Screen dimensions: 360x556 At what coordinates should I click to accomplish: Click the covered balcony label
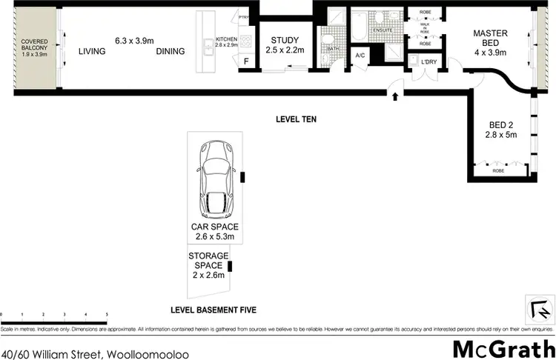tap(34, 48)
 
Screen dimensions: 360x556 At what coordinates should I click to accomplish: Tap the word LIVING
tap(92, 51)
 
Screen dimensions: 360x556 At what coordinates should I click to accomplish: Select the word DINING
tap(171, 51)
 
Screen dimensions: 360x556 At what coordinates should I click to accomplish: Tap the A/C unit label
tap(361, 56)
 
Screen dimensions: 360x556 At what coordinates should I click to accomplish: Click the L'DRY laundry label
tap(428, 61)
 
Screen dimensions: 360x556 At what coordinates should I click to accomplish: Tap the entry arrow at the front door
tap(394, 96)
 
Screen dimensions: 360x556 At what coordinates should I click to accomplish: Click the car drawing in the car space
tap(216, 176)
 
